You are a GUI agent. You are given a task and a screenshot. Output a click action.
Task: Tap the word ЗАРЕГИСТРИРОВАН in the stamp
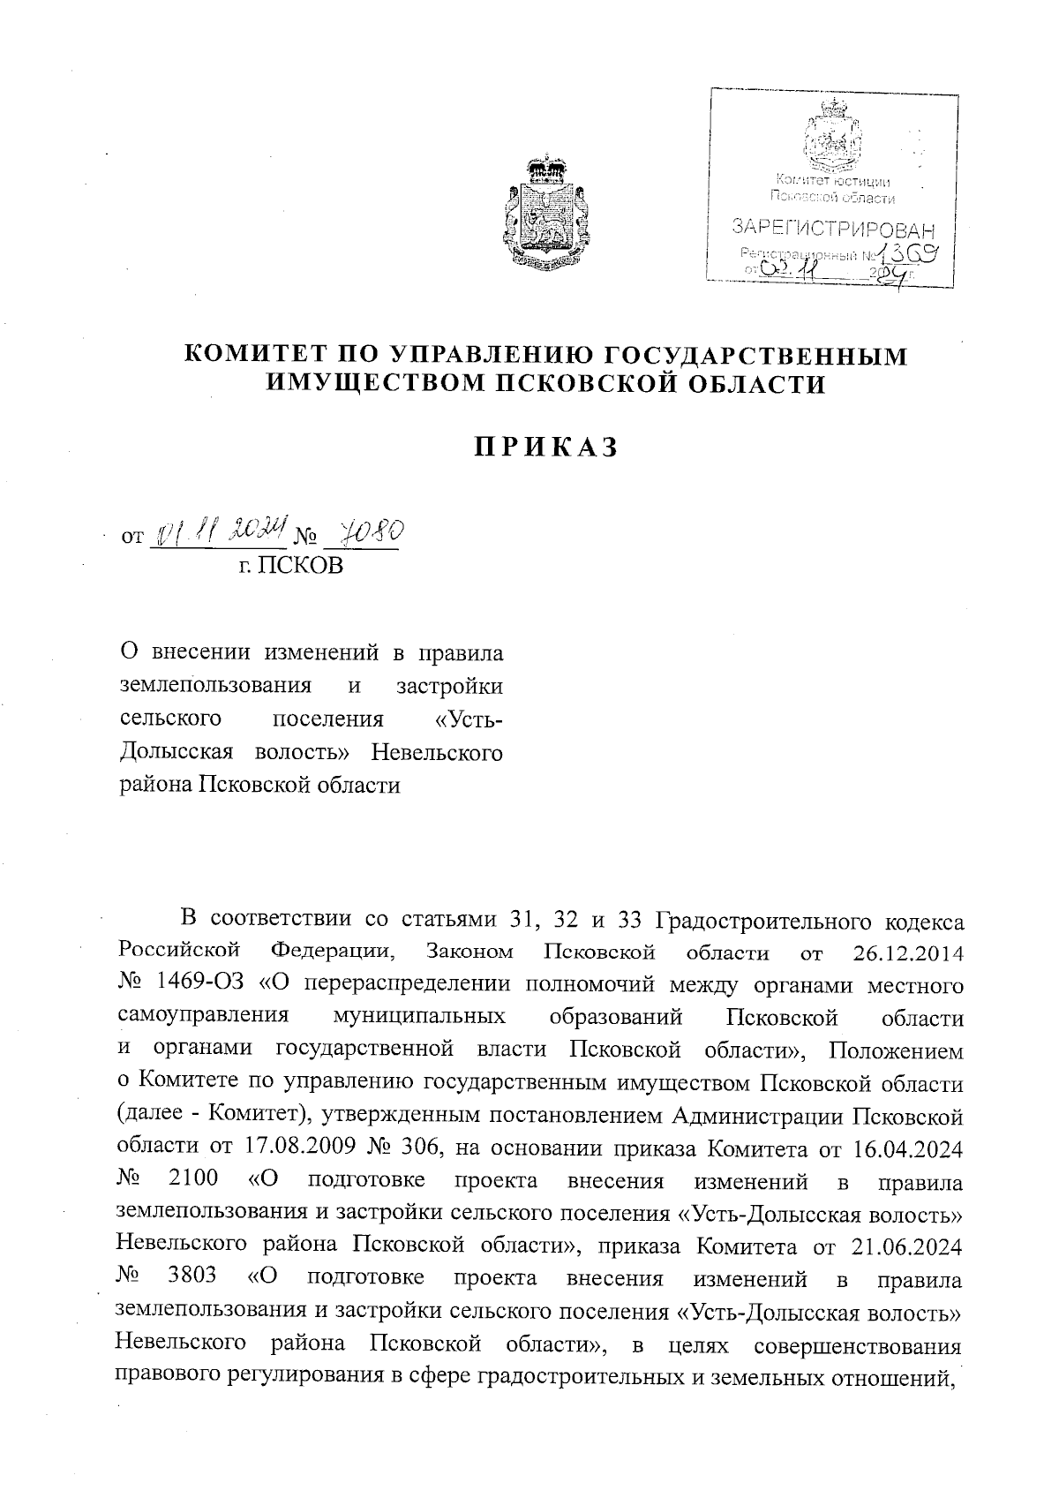[833, 231]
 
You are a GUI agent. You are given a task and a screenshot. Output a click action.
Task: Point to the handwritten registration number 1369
[912, 255]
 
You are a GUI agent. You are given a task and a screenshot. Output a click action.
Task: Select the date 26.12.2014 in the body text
[908, 953]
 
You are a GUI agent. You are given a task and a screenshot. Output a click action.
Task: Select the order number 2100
[190, 1180]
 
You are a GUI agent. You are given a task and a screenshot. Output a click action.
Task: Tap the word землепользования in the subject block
[215, 686]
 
